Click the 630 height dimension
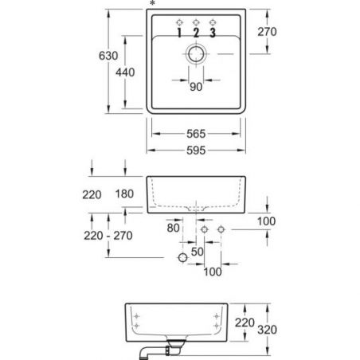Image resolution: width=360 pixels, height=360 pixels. [108, 56]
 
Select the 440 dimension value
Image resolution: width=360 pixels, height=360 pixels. [125, 72]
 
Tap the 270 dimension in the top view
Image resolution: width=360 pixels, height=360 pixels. [267, 32]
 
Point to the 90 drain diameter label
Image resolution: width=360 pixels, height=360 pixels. [196, 87]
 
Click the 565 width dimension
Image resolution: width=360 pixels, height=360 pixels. [196, 134]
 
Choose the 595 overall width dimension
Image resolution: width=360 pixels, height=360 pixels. [196, 151]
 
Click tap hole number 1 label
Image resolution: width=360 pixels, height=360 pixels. [179, 33]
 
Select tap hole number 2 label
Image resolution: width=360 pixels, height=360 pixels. [196, 33]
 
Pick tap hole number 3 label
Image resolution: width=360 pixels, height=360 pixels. [213, 33]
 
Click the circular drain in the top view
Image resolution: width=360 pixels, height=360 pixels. [196, 47]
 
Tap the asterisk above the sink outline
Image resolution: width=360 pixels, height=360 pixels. [152, 3]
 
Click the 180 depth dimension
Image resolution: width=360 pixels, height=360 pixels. [124, 194]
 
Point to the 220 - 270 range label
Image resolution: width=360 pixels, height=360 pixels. [108, 236]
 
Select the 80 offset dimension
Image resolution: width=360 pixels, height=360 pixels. [173, 228]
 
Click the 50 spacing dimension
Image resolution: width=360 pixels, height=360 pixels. [198, 252]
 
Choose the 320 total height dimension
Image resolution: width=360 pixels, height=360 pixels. [267, 330]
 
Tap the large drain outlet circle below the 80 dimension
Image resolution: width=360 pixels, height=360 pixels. [182, 257]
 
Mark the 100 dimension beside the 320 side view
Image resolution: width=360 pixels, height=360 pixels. [266, 221]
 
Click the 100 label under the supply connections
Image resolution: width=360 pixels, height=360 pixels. [213, 272]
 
